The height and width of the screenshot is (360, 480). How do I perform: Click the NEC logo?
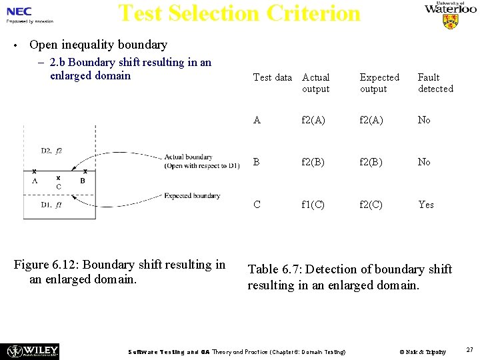pos(20,11)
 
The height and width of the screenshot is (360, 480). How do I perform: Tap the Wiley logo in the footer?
pos(32,351)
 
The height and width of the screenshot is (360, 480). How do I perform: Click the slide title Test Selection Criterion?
pos(239,13)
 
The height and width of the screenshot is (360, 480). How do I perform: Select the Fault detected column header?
pos(435,83)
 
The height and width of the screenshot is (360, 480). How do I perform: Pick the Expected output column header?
pos(379,83)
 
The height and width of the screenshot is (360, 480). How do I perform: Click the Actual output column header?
pos(315,83)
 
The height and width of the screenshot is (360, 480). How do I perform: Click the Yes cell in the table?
pos(425,205)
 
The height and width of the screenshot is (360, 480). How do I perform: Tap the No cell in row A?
pos(424,120)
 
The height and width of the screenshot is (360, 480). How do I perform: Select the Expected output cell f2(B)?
pos(371,162)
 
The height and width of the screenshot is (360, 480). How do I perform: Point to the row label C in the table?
pos(257,205)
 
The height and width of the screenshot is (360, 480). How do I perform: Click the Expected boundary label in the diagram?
pos(192,196)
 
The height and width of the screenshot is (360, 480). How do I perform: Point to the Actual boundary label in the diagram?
pos(188,157)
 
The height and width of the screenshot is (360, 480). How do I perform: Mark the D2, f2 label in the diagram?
pos(51,151)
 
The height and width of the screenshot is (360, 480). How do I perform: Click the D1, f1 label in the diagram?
pos(51,205)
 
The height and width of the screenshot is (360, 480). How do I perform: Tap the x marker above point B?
pos(85,171)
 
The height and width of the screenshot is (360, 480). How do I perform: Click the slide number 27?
pos(469,349)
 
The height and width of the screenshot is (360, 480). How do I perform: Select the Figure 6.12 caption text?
pos(121,271)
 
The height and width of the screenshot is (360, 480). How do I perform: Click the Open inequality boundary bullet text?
pos(99,45)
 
